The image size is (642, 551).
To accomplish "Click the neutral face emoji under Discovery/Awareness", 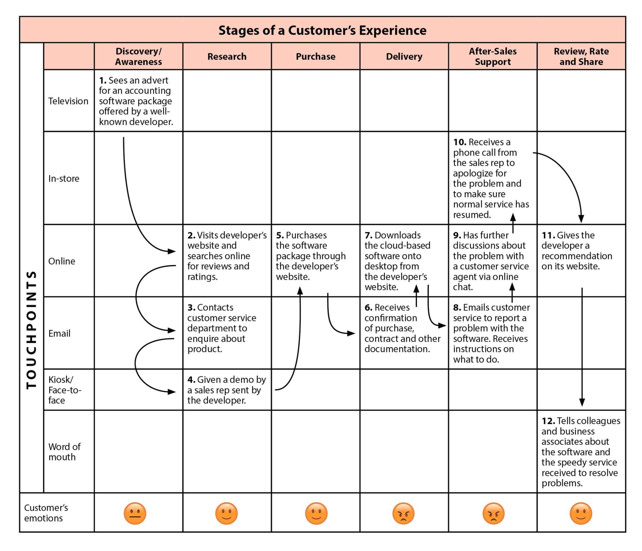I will point(135,513).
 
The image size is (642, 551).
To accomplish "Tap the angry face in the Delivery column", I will point(403,513).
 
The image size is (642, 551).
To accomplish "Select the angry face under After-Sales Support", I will point(493,513).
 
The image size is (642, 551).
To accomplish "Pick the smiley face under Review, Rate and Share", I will point(581,513).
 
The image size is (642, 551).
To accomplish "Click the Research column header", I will point(227,56).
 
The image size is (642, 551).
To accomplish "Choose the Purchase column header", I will point(315,56).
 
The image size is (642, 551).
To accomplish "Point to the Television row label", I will point(68,101).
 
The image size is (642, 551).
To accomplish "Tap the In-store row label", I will point(64,178).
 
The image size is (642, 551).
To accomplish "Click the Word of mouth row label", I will point(64,452).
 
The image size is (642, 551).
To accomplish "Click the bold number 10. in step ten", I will point(460,142).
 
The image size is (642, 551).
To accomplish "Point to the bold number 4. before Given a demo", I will point(191,380).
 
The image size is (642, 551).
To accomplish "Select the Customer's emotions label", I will point(46,513).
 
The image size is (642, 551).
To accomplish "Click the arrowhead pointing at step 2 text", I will point(172,251).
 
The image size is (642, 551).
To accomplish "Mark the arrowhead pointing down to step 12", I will point(582,402).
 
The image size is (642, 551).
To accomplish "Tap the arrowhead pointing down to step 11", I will point(581,219).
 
